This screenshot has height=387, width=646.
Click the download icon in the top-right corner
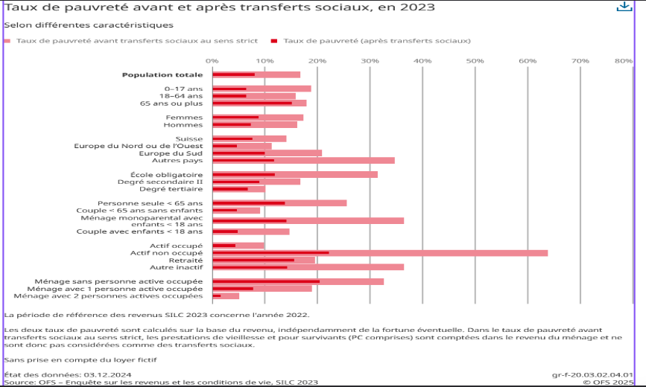coord(624,7)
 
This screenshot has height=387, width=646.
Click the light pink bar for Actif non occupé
coord(447,253)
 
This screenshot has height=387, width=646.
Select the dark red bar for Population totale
coord(233,74)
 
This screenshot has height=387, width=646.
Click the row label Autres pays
coord(177,160)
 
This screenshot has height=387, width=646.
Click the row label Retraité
coord(187,260)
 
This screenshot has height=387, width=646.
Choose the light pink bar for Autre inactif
coord(350,266)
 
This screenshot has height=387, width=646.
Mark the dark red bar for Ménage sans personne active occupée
coord(266,281)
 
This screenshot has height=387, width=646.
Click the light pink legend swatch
coord(7,41)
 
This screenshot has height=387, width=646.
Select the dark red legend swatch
coord(274,41)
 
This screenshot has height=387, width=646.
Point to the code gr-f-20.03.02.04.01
coord(592,375)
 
